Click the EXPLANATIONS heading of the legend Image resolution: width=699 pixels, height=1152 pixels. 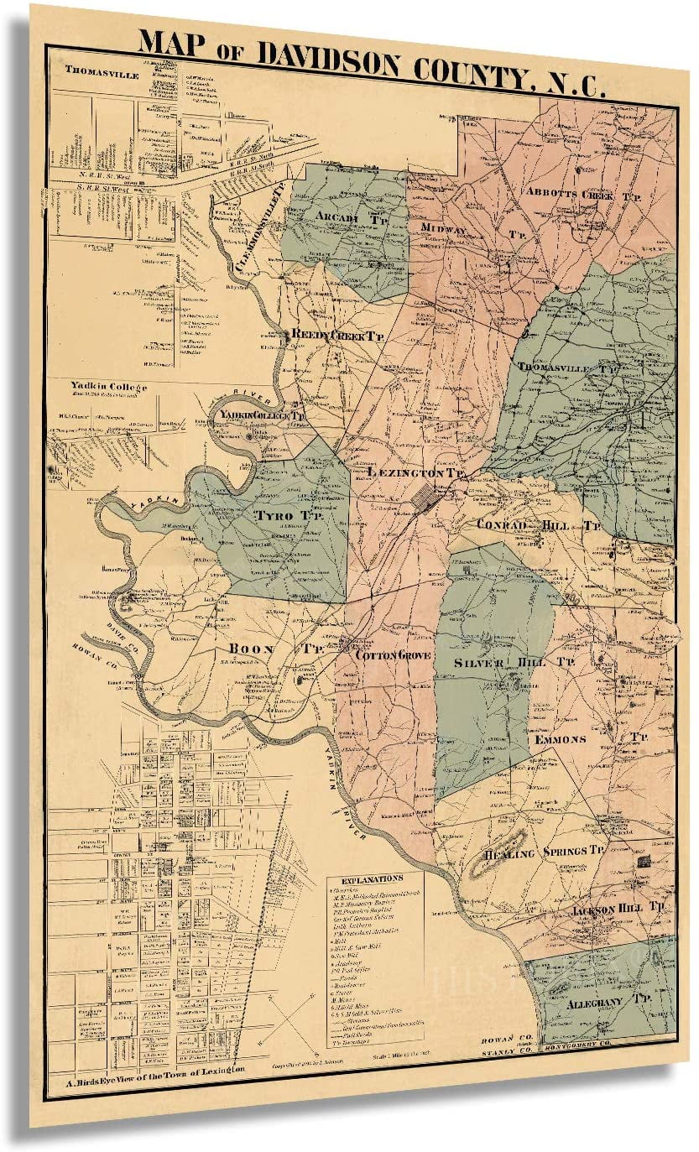click(x=373, y=878)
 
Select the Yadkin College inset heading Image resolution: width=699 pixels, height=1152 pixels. click(x=109, y=387)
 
